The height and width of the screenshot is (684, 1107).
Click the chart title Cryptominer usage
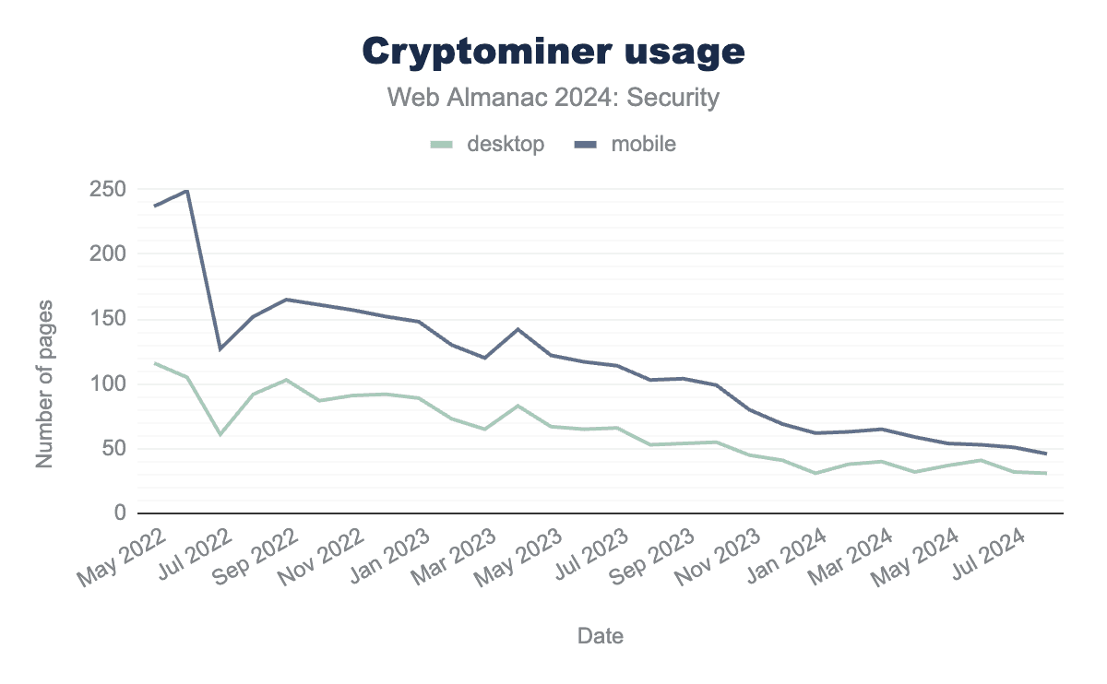553,52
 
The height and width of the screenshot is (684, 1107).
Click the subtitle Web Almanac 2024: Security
553,98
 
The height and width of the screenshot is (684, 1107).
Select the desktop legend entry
489,144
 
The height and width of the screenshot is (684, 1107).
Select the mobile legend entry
631,144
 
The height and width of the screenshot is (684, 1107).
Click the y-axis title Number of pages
44,383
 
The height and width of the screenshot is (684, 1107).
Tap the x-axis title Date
600,635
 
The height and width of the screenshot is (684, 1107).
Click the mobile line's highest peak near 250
187,191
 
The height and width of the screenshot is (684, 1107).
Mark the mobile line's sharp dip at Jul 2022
220,348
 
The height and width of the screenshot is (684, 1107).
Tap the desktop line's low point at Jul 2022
220,434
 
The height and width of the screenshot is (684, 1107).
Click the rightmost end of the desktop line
1045,473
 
